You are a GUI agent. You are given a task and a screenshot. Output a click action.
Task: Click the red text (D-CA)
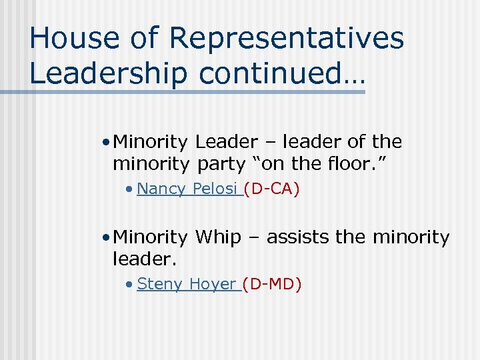[x=271, y=189]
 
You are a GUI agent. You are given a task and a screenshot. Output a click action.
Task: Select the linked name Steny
[x=159, y=284]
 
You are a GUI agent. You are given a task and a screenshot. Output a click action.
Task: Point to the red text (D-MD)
[x=272, y=284]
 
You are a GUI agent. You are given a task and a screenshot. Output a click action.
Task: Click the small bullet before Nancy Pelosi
[x=131, y=190]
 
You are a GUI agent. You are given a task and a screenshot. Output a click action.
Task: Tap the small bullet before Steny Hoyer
[x=131, y=285]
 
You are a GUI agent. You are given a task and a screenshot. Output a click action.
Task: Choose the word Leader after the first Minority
[x=226, y=142]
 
